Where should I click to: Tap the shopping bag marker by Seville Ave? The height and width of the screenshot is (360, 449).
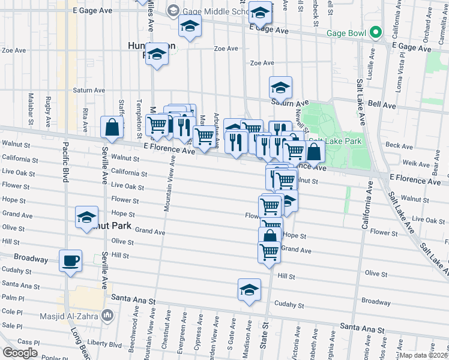(x=112, y=127)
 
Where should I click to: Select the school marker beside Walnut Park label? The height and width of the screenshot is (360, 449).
(x=87, y=217)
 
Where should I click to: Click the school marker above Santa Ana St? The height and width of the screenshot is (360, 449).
(x=249, y=290)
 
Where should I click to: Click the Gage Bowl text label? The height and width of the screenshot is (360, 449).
(x=346, y=32)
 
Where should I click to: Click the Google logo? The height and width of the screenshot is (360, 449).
(x=20, y=352)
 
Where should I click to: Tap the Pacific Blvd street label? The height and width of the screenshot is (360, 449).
(x=64, y=172)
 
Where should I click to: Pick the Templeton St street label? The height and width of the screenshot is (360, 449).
(x=139, y=111)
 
